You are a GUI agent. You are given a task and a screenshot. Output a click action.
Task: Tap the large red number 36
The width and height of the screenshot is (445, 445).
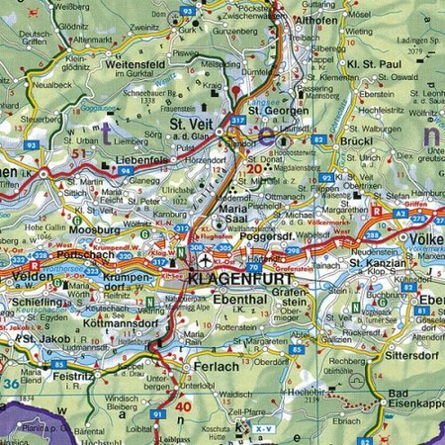(x=11, y=384)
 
